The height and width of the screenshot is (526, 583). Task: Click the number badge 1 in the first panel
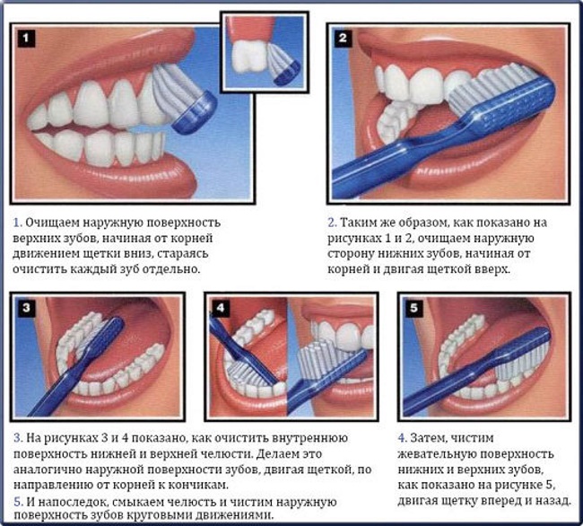point(26,38)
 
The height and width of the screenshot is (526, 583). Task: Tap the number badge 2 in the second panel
point(343,38)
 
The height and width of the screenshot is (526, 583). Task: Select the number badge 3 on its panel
point(26,308)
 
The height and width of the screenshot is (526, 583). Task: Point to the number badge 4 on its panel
point(221,308)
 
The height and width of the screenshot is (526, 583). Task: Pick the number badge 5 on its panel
point(414,308)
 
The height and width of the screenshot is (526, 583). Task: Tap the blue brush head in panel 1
point(194,111)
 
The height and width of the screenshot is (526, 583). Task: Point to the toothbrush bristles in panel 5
point(520,360)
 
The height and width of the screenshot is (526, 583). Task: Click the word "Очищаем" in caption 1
point(52,223)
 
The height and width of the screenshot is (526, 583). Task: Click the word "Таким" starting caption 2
point(357,223)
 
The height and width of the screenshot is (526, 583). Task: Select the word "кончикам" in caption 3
point(196,485)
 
